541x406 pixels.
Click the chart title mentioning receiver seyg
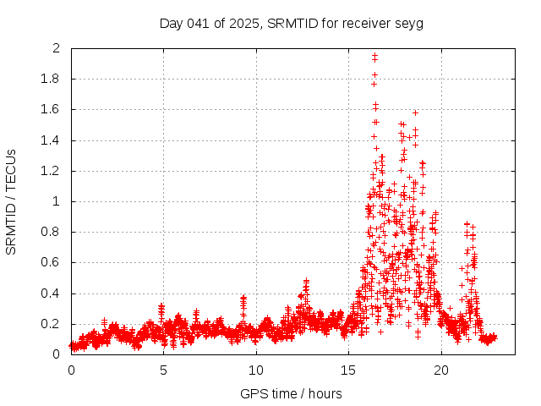pos(291,23)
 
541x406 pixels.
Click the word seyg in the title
pos(409,23)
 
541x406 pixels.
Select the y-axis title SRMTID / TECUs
pos(11,201)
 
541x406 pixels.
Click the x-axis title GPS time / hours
pos(291,393)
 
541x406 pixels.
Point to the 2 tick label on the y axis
pos(56,48)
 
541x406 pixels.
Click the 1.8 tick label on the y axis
pos(52,79)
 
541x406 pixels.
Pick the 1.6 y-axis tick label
pos(52,109)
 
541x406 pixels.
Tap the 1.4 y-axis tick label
pos(52,140)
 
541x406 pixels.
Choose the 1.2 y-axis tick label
pos(52,171)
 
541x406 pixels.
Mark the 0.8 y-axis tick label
pos(52,232)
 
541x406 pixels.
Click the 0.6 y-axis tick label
pos(52,262)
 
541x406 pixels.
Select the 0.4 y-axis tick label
pos(52,294)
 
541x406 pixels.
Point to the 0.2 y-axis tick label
pos(52,324)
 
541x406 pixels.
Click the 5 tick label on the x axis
pos(163,370)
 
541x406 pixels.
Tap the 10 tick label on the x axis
pos(256,370)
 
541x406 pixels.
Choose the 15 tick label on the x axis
pos(348,370)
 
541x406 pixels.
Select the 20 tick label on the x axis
pos(441,370)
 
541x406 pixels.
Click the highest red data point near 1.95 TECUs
pos(374,56)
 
